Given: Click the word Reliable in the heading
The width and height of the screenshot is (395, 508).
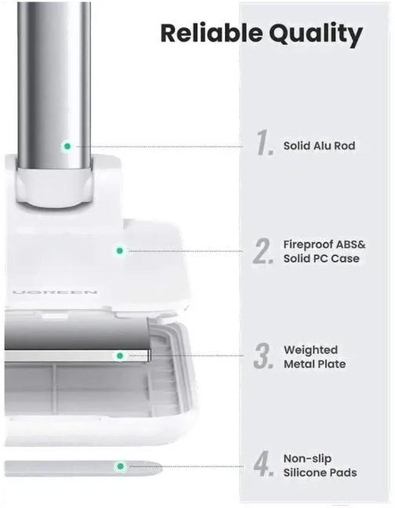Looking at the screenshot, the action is (x=212, y=33).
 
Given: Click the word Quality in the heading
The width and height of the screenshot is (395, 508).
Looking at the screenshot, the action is (x=316, y=34).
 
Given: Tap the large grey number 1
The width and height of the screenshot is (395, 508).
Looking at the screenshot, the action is (x=265, y=142).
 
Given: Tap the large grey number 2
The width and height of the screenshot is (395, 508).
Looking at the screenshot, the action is (x=264, y=251).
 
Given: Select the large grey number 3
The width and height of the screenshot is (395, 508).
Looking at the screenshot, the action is (x=264, y=356).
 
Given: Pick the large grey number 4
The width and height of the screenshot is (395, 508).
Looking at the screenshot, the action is (x=264, y=463).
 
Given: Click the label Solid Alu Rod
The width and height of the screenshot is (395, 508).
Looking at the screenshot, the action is (x=319, y=146).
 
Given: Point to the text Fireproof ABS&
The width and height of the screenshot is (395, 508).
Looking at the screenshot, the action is (x=324, y=245).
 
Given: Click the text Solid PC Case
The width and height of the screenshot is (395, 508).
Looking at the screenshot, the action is (x=321, y=259).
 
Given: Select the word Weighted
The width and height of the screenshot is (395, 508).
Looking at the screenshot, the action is (x=311, y=350).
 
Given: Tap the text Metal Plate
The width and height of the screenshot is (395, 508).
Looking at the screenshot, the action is (x=315, y=365).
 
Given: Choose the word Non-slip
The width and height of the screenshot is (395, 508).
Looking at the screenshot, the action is (x=307, y=459).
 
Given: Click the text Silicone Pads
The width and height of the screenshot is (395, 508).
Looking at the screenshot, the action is (x=321, y=473).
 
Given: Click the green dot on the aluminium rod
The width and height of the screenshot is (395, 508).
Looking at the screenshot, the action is (x=67, y=146).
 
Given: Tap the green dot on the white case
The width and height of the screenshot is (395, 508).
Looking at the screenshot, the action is (x=119, y=250).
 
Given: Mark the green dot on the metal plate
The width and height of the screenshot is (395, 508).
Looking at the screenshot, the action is (x=120, y=356).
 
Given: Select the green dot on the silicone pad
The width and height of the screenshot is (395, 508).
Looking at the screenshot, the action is (x=121, y=466).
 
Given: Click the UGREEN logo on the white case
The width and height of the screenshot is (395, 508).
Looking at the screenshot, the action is (x=55, y=292).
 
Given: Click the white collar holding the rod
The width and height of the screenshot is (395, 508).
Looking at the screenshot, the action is (x=55, y=187).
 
